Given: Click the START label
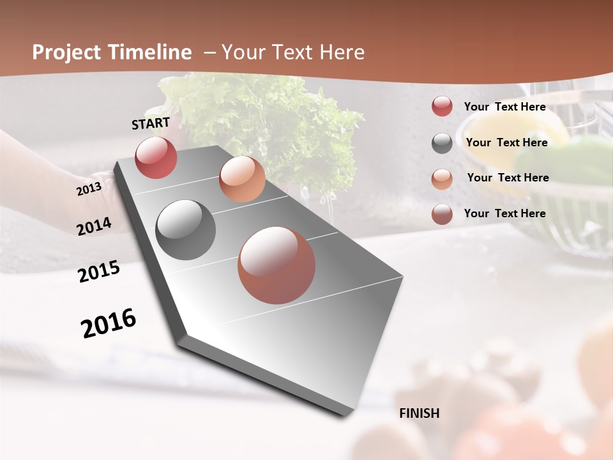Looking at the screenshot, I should click(151, 123).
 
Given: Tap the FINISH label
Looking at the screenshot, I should click(420, 413).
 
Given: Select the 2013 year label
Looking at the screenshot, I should click(89, 189).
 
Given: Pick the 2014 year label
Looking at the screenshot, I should click(94, 226).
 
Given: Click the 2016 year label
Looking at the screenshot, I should click(109, 323).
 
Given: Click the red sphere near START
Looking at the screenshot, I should click(156, 157).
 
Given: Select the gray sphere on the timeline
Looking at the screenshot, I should click(185, 230).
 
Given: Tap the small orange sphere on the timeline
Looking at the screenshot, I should click(242, 179).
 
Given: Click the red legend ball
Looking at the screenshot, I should click(442, 107).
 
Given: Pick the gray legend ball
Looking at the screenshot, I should click(442, 143).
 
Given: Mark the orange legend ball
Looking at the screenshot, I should click(442, 179).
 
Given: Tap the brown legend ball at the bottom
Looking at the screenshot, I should click(442, 214).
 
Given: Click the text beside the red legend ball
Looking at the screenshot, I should click(504, 107).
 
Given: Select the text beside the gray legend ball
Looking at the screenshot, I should click(506, 142).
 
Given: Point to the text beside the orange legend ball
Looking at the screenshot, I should click(508, 178).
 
